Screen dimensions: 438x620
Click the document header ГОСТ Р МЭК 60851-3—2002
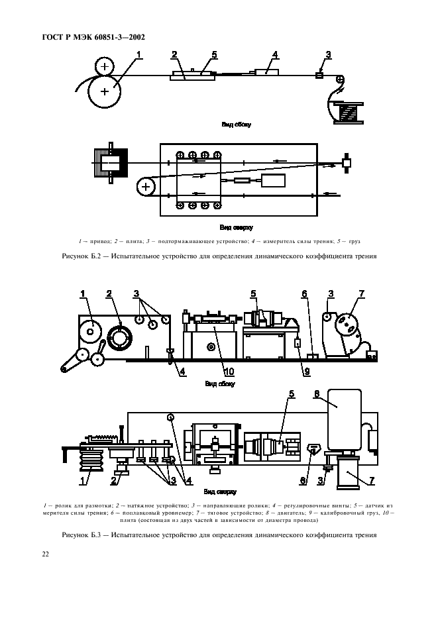(93, 38)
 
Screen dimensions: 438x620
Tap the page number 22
(46, 554)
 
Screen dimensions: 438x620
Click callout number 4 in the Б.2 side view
(274, 54)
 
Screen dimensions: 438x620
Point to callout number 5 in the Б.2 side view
(214, 54)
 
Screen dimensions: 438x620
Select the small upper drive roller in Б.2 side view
(105, 66)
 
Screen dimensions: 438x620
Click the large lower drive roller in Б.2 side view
(105, 91)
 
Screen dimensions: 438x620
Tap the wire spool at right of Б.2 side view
(348, 113)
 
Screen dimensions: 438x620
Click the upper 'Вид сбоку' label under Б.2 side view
(236, 125)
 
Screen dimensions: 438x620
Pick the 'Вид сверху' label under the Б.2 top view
(236, 228)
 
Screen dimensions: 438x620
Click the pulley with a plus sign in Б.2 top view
(146, 187)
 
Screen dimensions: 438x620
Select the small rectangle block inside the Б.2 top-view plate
(274, 181)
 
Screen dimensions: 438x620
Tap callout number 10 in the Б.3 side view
(229, 372)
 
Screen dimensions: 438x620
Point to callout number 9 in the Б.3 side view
(307, 372)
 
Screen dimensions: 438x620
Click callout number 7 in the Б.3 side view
(361, 293)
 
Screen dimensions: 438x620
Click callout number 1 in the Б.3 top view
(83, 481)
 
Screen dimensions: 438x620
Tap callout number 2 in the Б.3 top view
(113, 481)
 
